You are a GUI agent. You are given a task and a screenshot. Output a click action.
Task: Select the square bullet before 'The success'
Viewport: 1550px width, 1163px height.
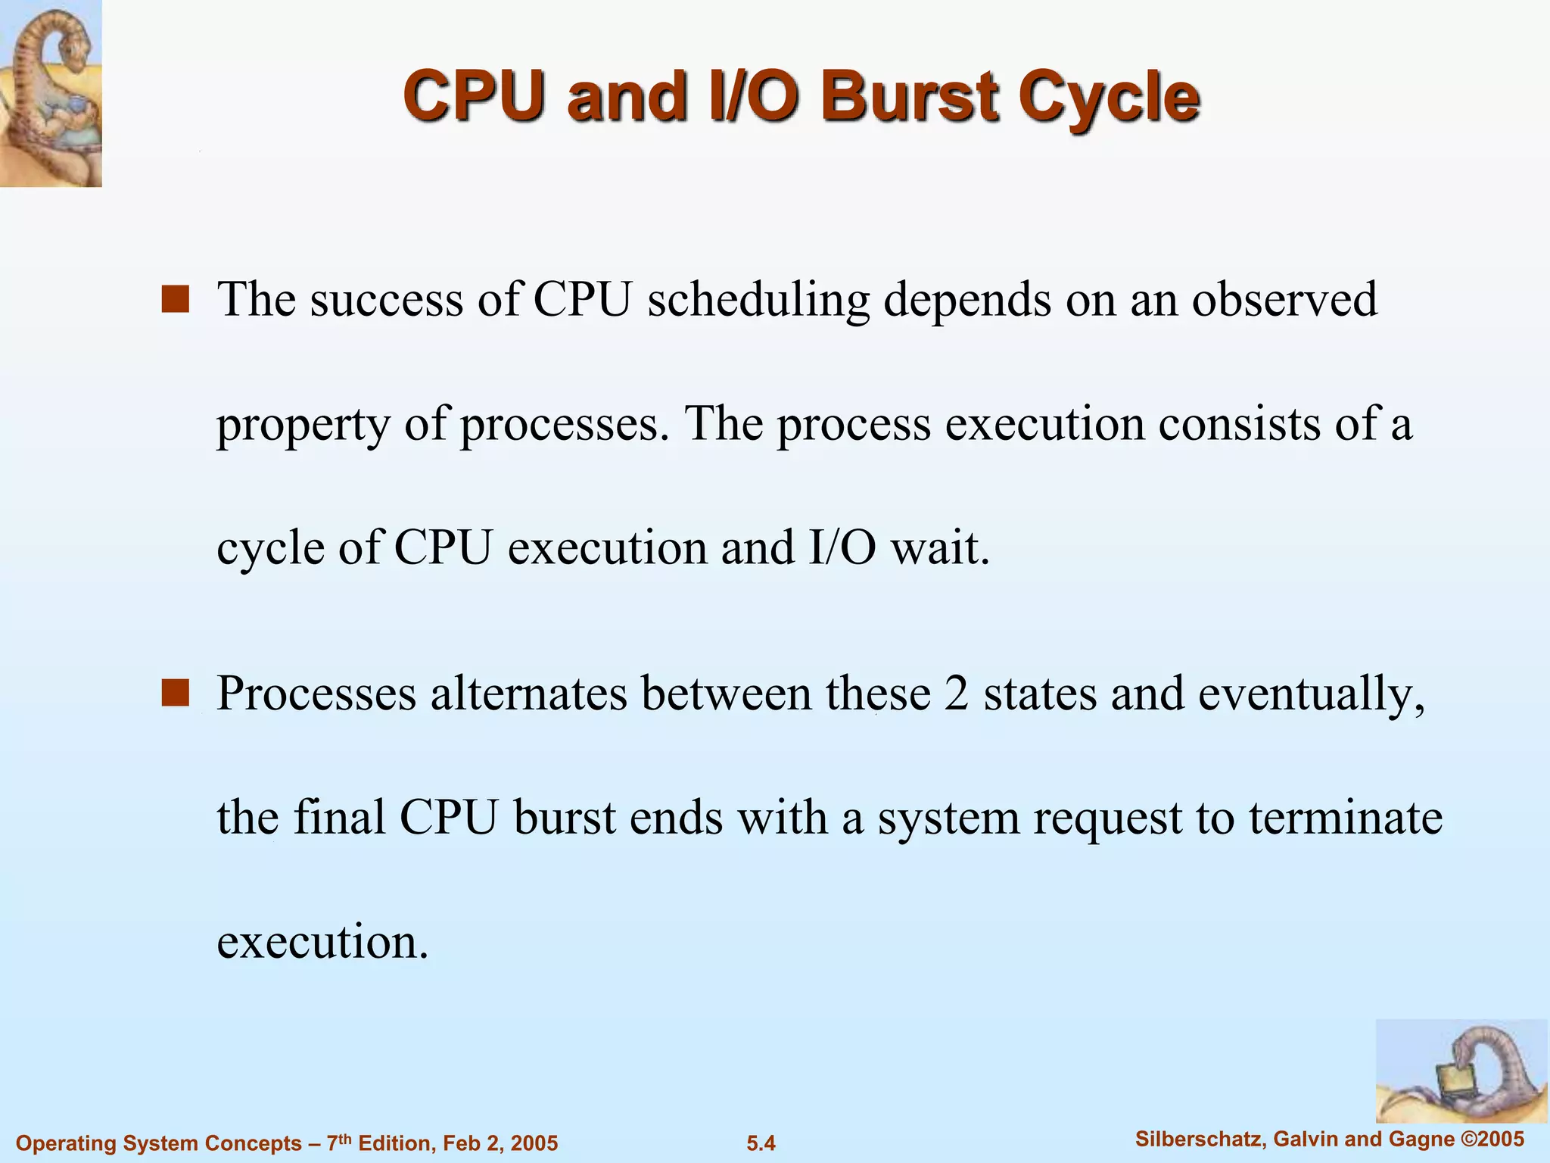pyautogui.click(x=175, y=299)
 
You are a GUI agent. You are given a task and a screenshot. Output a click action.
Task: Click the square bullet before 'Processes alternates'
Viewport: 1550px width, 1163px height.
pyautogui.click(x=175, y=693)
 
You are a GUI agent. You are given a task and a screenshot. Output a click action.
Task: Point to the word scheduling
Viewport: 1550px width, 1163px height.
pyautogui.click(x=758, y=301)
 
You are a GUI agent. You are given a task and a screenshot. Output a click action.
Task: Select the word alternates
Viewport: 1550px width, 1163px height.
pyautogui.click(x=529, y=694)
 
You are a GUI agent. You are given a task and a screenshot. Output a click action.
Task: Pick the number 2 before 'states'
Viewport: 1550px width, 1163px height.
pyautogui.click(x=957, y=694)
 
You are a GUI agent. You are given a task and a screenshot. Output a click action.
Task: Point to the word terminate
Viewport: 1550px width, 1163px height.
pyautogui.click(x=1345, y=818)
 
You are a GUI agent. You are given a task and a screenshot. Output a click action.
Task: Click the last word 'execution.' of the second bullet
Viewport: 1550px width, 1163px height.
pyautogui.click(x=322, y=942)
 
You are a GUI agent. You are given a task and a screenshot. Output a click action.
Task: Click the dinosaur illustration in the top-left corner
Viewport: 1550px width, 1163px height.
pyautogui.click(x=50, y=92)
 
